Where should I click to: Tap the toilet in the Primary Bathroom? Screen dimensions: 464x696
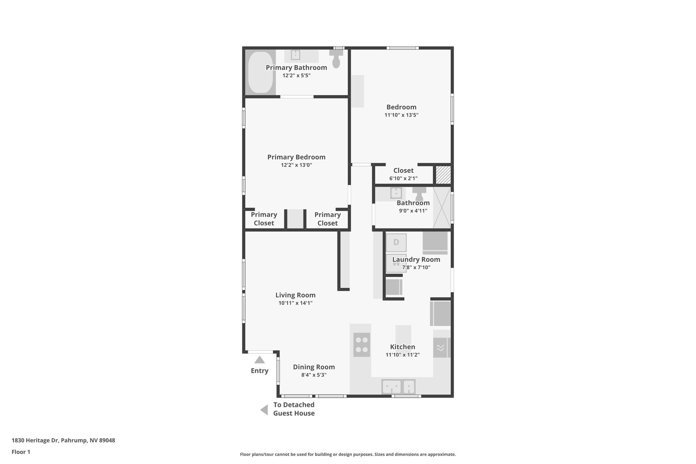tap(336, 59)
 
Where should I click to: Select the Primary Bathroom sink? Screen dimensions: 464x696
tap(296, 55)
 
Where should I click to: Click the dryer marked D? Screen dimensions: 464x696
tap(396, 242)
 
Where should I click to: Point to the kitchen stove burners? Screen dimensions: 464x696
tap(361, 345)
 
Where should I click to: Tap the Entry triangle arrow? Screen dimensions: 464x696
tap(259, 360)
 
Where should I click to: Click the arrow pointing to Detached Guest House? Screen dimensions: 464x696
tap(264, 410)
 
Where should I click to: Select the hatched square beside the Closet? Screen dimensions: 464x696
tap(443, 175)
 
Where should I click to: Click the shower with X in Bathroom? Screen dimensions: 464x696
tap(441, 207)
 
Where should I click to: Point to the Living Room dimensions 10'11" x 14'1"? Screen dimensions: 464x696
tap(295, 303)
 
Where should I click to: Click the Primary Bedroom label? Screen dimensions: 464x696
tap(296, 157)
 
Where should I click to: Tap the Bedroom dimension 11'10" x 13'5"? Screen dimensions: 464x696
tap(401, 115)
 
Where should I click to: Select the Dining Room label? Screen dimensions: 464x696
tap(314, 367)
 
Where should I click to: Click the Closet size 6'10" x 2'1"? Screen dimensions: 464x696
tap(403, 178)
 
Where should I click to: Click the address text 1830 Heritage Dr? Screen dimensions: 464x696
tap(63, 440)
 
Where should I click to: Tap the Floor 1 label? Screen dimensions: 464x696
tap(21, 452)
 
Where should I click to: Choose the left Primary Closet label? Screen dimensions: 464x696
tap(264, 219)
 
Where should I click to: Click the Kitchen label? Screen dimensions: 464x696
tap(402, 347)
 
